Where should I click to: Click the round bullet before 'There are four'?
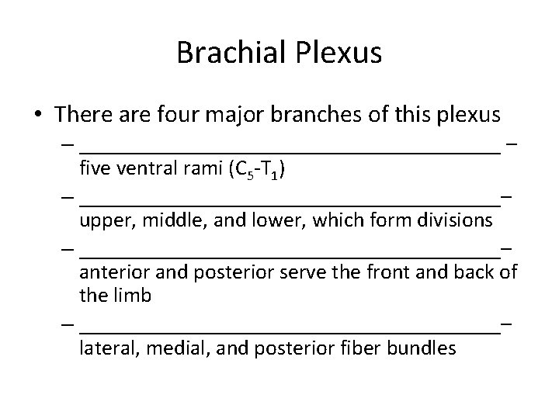(x=38, y=116)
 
